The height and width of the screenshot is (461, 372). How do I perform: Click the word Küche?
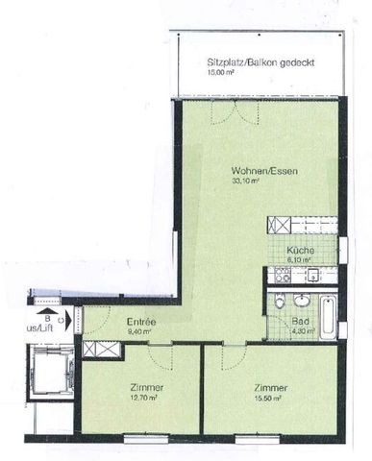[x=298, y=249]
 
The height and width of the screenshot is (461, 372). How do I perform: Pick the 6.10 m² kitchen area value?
[x=297, y=258]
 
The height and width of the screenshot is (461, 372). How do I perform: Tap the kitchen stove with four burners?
[x=283, y=276]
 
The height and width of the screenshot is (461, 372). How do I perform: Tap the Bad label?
[x=300, y=323]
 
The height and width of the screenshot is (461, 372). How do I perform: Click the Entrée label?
[x=141, y=322]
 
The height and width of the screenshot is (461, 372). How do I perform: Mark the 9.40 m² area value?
[x=139, y=331]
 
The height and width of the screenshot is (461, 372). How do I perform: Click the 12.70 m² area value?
[x=143, y=397]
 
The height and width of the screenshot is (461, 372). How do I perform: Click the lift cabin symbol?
[x=47, y=370]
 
